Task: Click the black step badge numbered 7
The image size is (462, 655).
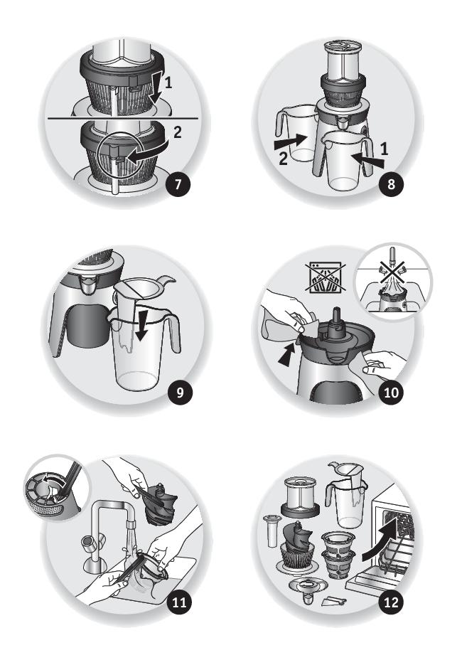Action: [x=178, y=183]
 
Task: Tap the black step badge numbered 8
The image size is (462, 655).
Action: [x=391, y=183]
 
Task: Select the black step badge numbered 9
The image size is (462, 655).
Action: [x=180, y=393]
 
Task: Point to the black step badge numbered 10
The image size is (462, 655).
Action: [x=391, y=393]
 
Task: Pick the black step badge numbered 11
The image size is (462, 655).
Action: [x=179, y=602]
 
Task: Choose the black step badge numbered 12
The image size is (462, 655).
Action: [x=391, y=602]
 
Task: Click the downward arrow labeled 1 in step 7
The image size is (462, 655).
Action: [x=156, y=87]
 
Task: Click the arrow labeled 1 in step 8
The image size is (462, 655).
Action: [x=367, y=161]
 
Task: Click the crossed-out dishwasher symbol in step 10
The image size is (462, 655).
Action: [x=325, y=277]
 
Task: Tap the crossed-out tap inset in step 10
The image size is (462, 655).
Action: [x=393, y=282]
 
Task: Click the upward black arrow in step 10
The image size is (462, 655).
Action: [x=286, y=357]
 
